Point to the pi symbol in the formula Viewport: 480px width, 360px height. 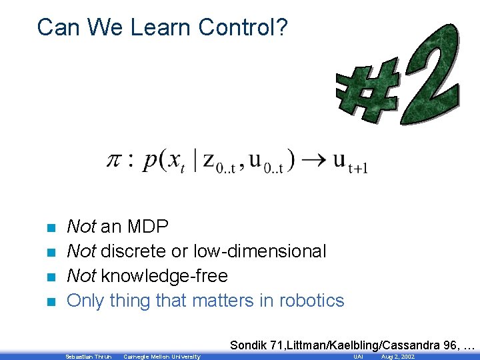pos(115,160)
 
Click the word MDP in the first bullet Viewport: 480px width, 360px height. pos(147,227)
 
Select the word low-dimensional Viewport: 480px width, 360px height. pos(259,251)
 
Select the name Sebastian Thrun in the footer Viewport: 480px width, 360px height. pos(88,357)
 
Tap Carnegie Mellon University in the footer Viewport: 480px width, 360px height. pos(161,357)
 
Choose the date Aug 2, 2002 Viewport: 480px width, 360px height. pos(397,357)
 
